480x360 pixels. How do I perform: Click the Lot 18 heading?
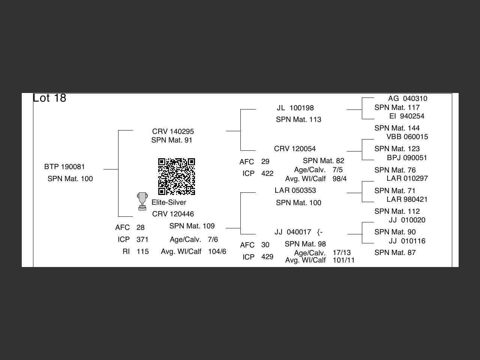click(49, 98)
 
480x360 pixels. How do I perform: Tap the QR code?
click(176, 177)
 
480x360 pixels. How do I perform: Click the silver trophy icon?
click(142, 202)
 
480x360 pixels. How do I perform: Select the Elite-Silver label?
click(169, 202)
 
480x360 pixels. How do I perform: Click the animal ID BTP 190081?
click(64, 167)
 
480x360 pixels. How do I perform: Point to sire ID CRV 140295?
click(173, 132)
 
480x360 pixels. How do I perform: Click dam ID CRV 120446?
click(173, 214)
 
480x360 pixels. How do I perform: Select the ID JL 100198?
click(295, 108)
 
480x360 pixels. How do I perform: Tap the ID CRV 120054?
click(295, 149)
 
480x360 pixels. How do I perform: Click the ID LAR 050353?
click(295, 190)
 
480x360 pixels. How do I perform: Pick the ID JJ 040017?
click(293, 232)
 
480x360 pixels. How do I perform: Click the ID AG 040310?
click(408, 99)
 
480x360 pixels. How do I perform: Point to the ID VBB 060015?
click(407, 137)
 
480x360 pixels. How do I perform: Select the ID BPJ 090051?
click(407, 158)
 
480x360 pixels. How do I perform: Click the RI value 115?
click(142, 252)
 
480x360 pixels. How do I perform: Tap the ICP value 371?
click(142, 240)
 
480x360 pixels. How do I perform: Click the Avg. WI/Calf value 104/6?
click(217, 252)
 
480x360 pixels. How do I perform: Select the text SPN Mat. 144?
click(397, 128)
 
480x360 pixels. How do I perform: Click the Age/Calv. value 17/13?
click(342, 253)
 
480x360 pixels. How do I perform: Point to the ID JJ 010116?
click(407, 241)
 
